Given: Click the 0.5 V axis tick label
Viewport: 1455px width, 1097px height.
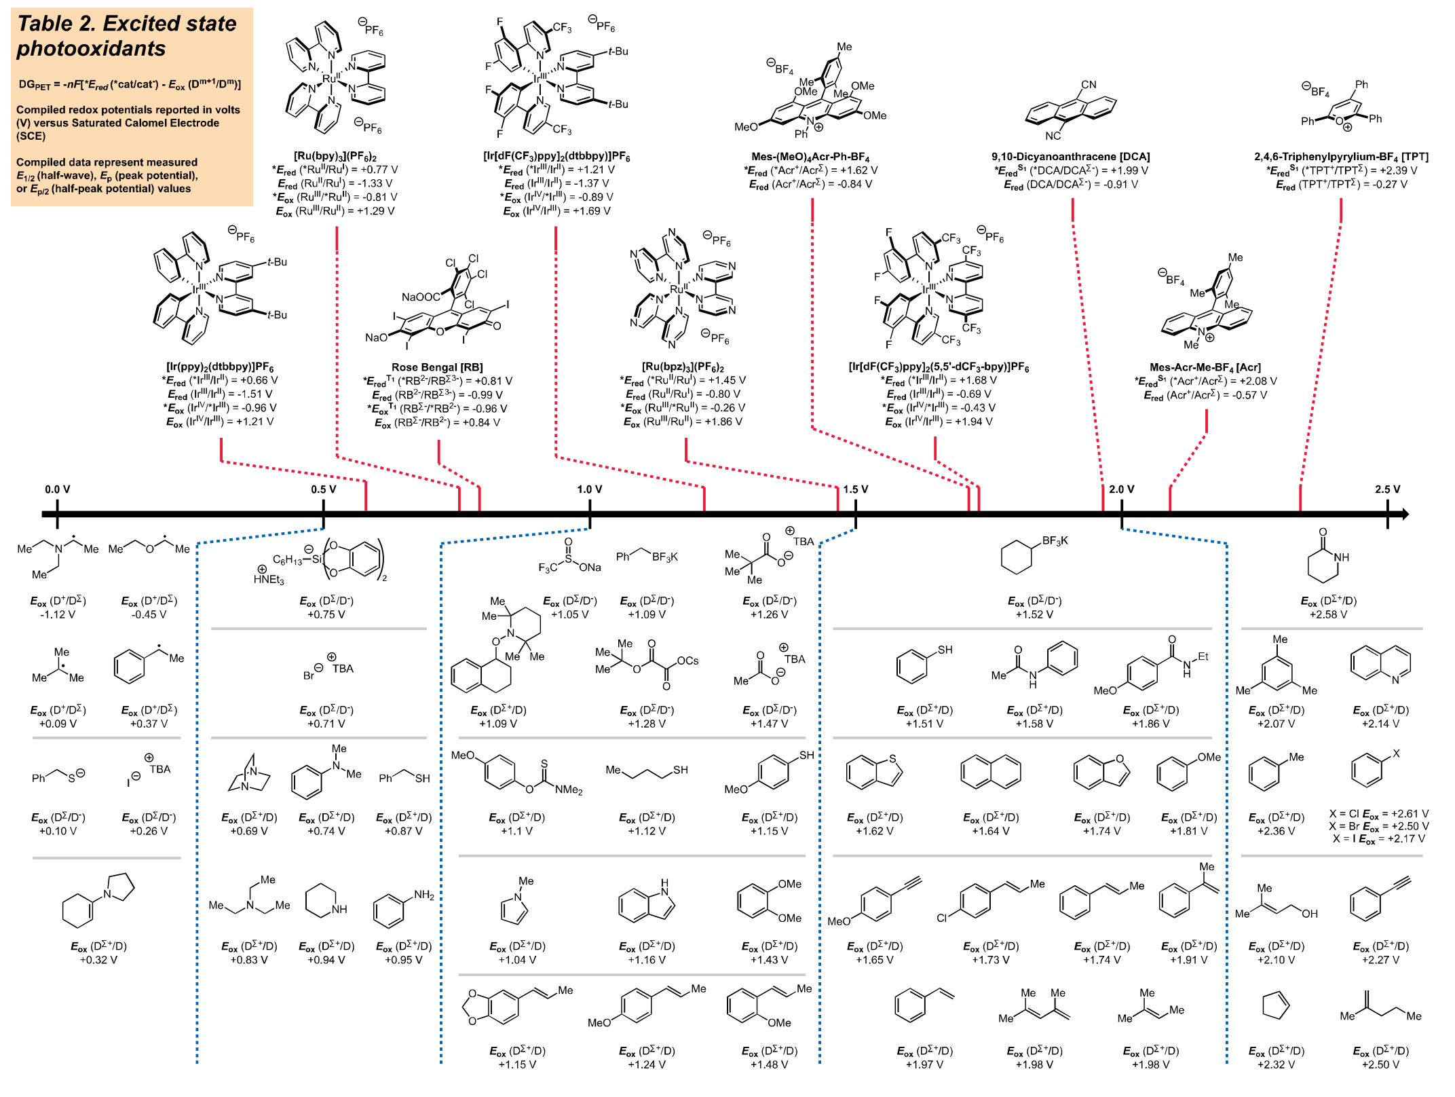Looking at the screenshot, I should pyautogui.click(x=323, y=489).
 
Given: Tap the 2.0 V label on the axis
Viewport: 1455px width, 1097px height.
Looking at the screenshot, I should pyautogui.click(x=1121, y=489).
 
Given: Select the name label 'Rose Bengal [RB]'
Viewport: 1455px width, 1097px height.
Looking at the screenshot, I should pyautogui.click(x=437, y=367).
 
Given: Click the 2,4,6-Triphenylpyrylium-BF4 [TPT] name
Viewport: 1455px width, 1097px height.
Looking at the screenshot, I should pyautogui.click(x=1340, y=157).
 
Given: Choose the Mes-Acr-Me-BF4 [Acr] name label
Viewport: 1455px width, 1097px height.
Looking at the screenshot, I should pyautogui.click(x=1205, y=367).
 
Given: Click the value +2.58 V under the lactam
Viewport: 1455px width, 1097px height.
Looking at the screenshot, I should pyautogui.click(x=1328, y=615).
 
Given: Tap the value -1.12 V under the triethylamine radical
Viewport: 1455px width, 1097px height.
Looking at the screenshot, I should pyautogui.click(x=58, y=615).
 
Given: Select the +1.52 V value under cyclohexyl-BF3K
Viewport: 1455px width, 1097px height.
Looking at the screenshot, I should pyautogui.click(x=1034, y=615).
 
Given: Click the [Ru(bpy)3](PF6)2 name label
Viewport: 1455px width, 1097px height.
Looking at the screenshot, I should pyautogui.click(x=335, y=157).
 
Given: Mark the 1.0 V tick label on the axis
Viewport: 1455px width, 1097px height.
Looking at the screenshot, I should pyautogui.click(x=589, y=489).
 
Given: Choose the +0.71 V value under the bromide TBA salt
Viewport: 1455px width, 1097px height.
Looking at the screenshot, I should pyautogui.click(x=326, y=724).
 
